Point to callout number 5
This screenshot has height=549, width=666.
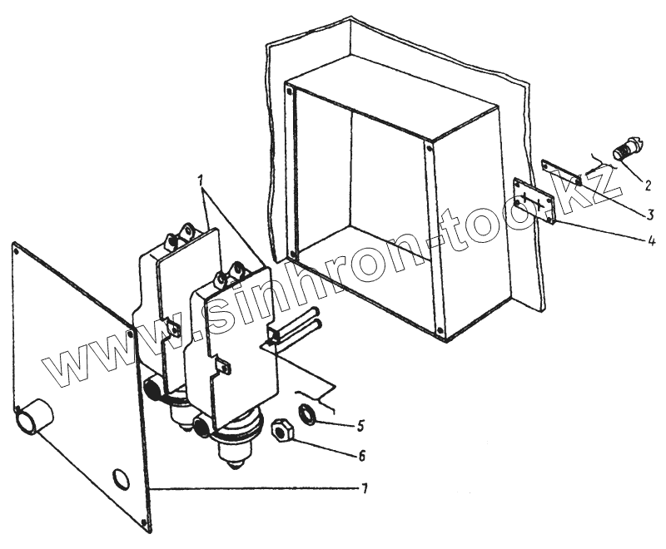pos(360,425)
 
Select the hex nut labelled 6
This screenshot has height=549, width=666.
pos(282,431)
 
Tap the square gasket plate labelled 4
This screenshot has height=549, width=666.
pos(534,202)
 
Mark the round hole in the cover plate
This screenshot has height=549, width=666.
pos(121,479)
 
